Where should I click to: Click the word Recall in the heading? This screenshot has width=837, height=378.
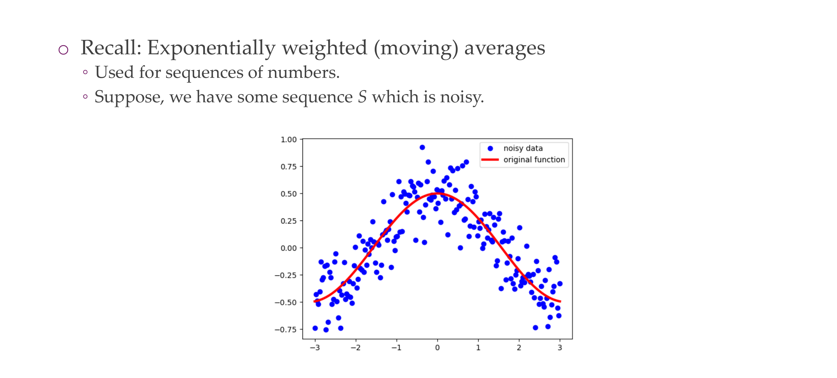111,47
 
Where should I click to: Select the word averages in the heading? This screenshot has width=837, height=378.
505,49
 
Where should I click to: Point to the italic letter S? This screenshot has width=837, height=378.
362,97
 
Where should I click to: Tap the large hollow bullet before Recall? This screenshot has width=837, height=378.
63,50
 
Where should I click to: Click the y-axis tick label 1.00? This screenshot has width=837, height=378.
288,140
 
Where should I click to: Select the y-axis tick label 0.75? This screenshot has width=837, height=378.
288,167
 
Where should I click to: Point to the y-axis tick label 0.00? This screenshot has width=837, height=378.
288,248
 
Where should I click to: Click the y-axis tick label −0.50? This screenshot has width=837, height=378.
286,302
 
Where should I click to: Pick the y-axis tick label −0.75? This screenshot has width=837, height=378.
286,330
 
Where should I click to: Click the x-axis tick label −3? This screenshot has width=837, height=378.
314,348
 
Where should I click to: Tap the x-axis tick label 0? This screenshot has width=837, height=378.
437,348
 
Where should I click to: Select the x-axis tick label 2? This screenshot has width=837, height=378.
519,348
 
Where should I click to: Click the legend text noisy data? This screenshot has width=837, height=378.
523,148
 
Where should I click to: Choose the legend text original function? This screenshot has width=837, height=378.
534,160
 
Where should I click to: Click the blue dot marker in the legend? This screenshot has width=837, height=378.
490,148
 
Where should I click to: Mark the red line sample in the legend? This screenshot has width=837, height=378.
490,160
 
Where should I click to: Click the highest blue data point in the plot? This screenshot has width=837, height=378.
422,147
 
